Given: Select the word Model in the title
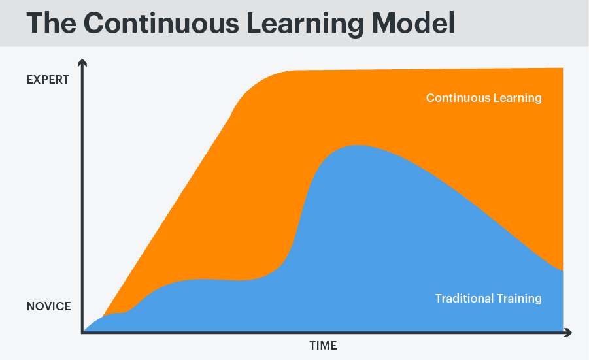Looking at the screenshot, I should pos(411,23).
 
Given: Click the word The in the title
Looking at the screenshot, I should pos(50,23).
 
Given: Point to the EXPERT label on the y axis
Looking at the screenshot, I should pos(48,80).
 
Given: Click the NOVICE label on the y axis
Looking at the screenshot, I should pos(48,306).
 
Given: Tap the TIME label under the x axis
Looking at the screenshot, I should pos(323,346).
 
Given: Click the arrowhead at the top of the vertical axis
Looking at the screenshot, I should pos(82,63).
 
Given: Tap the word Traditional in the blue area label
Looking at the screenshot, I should pos(465,299).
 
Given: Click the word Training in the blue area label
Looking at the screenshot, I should pos(520,299).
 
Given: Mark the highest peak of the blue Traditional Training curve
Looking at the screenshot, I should pos(354,146).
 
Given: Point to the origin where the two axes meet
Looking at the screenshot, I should pos(83,332).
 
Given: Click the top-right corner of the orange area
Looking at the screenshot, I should pos(562,69).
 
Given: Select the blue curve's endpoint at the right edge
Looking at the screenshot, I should pos(562,270).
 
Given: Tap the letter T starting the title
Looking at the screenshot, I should pos(35,23).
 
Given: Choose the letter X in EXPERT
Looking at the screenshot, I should pos(38,80).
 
